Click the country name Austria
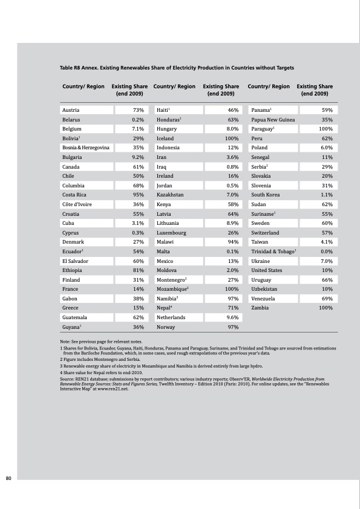[x=71, y=110]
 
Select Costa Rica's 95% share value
[x=137, y=195]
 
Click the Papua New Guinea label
[x=273, y=120]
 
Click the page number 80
[x=8, y=479]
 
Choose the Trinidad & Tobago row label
[x=273, y=251]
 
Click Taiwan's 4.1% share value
[x=326, y=242]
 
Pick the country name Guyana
[x=72, y=327]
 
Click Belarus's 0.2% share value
[x=137, y=120]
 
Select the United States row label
[x=267, y=270]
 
